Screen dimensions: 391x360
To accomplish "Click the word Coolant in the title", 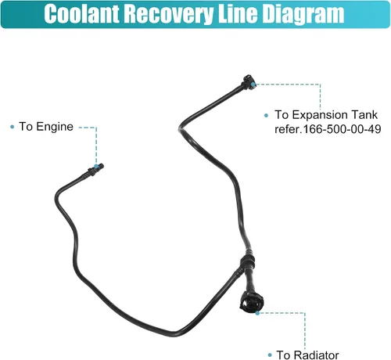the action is click(x=82, y=14).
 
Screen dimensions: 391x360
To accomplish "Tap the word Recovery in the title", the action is click(x=168, y=15).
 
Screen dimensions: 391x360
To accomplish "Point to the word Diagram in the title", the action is click(x=303, y=15).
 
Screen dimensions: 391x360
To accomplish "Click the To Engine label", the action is click(x=46, y=127).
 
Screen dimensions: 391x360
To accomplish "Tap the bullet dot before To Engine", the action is click(x=12, y=127).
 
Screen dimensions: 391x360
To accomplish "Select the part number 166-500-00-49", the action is click(x=342, y=129).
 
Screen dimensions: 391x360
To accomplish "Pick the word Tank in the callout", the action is click(x=364, y=115).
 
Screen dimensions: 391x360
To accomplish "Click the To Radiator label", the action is click(x=307, y=355).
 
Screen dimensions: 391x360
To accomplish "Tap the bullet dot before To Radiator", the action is click(x=270, y=355).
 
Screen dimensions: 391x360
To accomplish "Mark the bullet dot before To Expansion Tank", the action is click(x=266, y=115).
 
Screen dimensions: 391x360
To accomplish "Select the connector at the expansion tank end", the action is click(x=248, y=83).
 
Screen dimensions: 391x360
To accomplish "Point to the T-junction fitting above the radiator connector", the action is click(x=246, y=262).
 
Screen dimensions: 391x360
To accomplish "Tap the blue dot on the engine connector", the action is click(x=96, y=166).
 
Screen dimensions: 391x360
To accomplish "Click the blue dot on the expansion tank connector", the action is click(x=253, y=85).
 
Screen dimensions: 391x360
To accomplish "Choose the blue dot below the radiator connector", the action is click(x=257, y=313).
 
